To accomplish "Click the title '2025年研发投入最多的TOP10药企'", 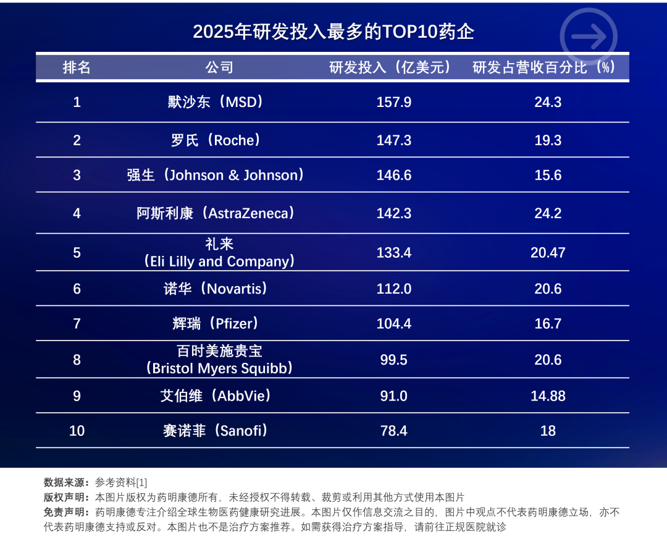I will point(333,32).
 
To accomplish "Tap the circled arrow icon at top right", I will point(589,36).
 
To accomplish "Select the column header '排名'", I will point(77,67).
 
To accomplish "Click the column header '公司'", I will point(219,67).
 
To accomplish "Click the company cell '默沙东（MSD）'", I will point(216,102).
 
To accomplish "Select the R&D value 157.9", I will point(393,102).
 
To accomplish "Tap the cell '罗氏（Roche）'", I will point(216,140).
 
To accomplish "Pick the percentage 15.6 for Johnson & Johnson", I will point(548,176).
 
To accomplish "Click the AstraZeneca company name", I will point(216,213).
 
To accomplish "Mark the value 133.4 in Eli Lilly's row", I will point(393,252).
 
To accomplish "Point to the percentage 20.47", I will point(548,252).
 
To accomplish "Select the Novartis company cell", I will point(216,289).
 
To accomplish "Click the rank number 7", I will point(77,324).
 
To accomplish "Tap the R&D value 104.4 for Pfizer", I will point(393,324).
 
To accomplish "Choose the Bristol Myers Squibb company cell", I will point(219,359).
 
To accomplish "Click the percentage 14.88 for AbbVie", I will point(548,396).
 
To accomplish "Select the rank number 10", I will point(77,431).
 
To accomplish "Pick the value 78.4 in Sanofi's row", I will point(393,431).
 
